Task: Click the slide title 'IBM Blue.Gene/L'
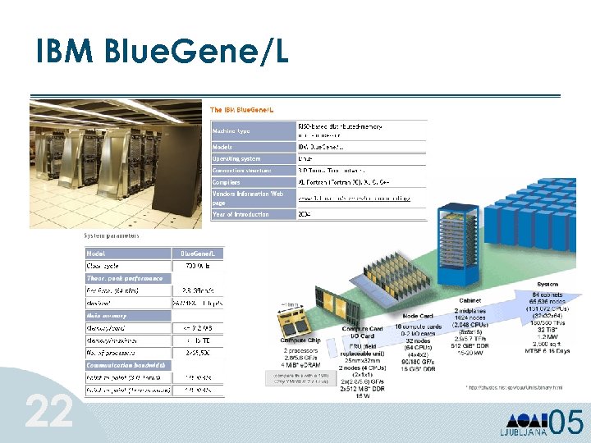(162, 53)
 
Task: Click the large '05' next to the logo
(566, 422)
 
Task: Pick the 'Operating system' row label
(236, 158)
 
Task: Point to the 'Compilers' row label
(227, 182)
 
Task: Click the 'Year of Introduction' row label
(241, 214)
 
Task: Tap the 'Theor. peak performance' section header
(125, 278)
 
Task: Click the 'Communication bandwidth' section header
(127, 364)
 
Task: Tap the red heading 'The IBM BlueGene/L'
(246, 110)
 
